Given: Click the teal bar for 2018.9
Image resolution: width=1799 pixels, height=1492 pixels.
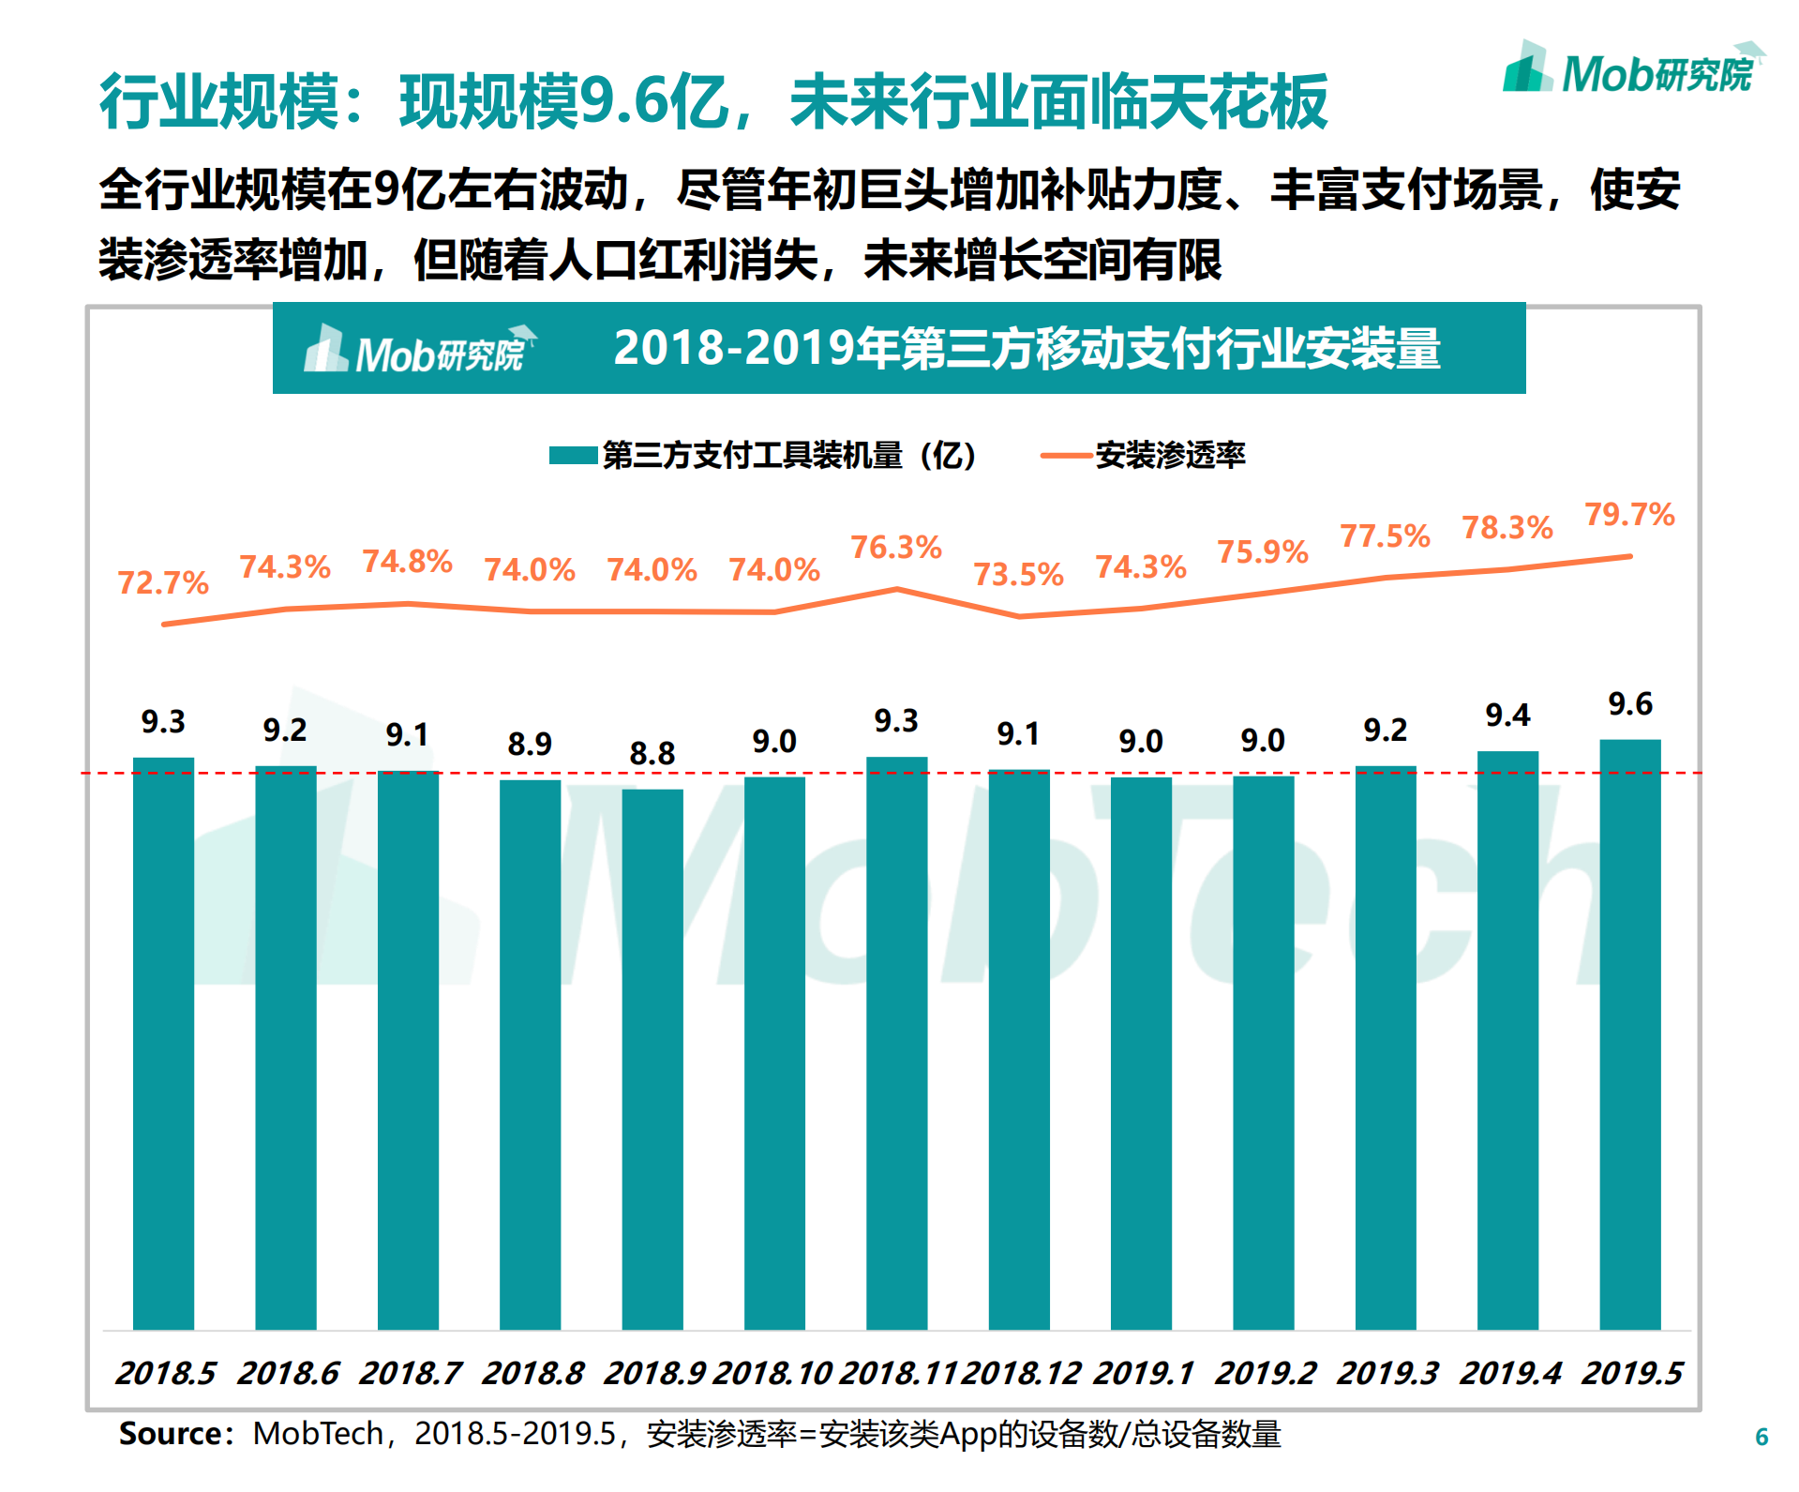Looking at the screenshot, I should click(652, 1060).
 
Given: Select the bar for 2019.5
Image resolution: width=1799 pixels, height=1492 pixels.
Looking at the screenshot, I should click(1629, 1032).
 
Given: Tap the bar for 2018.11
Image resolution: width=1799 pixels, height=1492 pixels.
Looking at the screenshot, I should click(896, 1041).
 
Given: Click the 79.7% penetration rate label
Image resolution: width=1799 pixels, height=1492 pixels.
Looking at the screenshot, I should click(1629, 514).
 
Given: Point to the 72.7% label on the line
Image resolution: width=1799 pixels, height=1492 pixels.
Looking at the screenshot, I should click(163, 582).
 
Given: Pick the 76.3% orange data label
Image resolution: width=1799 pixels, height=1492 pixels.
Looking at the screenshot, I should click(895, 547).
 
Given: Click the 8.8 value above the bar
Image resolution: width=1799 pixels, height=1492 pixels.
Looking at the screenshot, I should click(652, 753).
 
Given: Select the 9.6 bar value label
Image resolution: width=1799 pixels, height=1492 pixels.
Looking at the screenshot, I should click(1629, 703).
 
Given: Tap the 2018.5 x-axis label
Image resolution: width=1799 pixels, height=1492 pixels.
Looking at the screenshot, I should click(165, 1373).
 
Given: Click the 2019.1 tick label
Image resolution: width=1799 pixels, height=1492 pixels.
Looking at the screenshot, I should click(1143, 1373).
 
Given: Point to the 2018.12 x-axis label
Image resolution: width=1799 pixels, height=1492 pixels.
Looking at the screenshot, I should click(1021, 1373).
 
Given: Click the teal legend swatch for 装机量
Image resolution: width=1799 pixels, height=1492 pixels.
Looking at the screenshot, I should click(573, 456).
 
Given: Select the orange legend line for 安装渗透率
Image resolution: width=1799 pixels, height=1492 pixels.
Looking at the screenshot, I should click(1066, 456).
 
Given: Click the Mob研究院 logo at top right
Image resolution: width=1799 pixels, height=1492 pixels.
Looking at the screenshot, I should click(1633, 70).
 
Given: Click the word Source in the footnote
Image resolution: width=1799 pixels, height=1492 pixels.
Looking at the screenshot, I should click(170, 1433).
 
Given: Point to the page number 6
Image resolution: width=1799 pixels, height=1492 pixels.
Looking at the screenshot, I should click(1761, 1437).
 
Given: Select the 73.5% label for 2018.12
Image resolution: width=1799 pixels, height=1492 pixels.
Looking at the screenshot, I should click(1018, 574).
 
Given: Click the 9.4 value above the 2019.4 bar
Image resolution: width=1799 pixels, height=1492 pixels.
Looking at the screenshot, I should click(1507, 716).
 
